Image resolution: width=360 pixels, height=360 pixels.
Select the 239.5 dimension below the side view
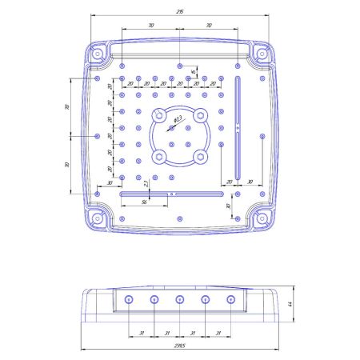tap(181, 346)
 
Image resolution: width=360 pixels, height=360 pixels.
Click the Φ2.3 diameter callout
tap(178, 119)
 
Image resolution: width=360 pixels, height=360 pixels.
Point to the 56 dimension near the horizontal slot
tap(143, 202)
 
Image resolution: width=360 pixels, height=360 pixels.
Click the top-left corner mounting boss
tap(97, 54)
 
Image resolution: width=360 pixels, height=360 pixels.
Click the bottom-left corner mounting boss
tap(97, 218)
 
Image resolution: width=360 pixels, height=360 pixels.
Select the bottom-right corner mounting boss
tap(262, 218)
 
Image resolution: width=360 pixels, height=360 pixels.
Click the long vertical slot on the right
tap(238, 128)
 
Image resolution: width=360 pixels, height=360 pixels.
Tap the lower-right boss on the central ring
tap(200, 155)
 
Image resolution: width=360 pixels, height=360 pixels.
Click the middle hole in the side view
tap(179, 300)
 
